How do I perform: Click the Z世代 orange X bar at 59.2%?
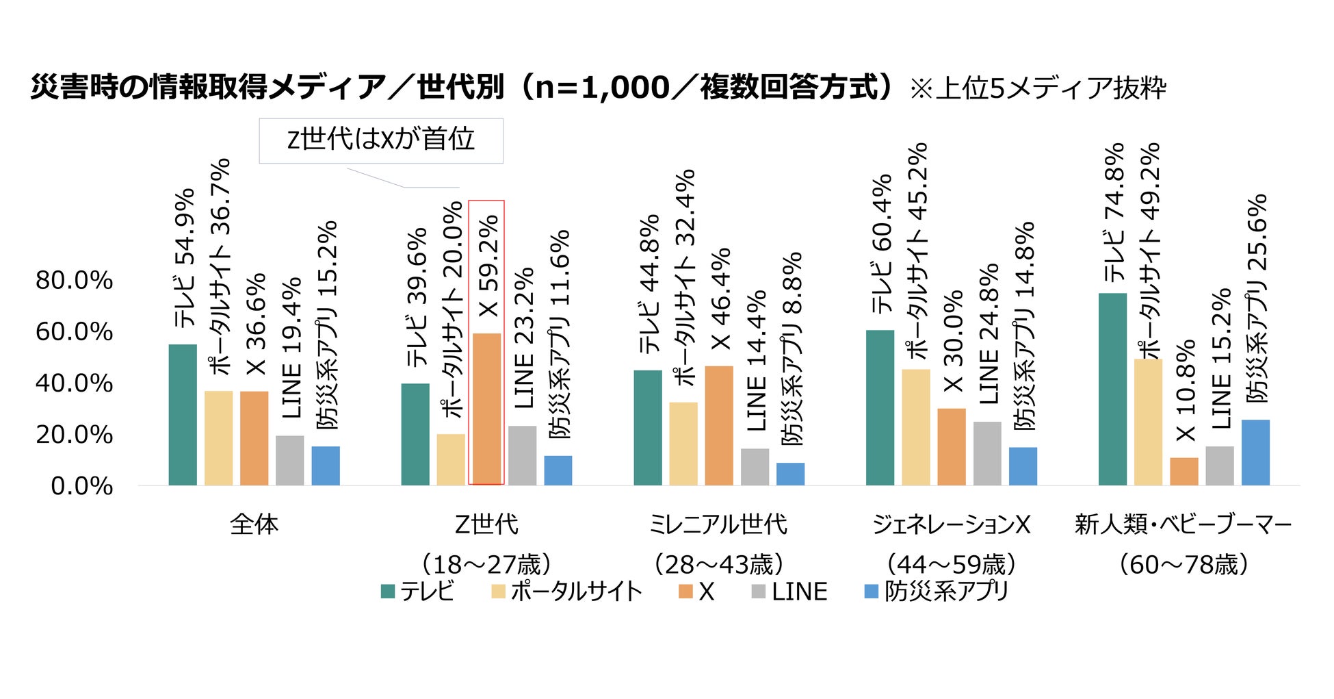pyautogui.click(x=486, y=409)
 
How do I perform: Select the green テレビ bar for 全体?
pyautogui.click(x=183, y=415)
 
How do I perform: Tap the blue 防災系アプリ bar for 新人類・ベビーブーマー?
pyautogui.click(x=1255, y=453)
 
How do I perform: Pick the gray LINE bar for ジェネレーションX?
pyautogui.click(x=987, y=453)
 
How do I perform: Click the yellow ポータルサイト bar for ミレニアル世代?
pyautogui.click(x=683, y=444)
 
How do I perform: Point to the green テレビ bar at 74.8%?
pyautogui.click(x=1112, y=389)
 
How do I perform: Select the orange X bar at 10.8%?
pyautogui.click(x=1184, y=472)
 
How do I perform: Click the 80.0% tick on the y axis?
pyautogui.click(x=75, y=280)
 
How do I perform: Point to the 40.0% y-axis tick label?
pyautogui.click(x=75, y=383)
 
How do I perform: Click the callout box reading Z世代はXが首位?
pyautogui.click(x=380, y=140)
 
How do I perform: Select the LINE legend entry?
pyautogui.click(x=790, y=592)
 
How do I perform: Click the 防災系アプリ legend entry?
pyautogui.click(x=937, y=592)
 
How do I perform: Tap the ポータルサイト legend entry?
pyautogui.click(x=567, y=592)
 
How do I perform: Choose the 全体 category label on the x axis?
pyautogui.click(x=254, y=524)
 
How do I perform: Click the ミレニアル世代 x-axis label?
pyautogui.click(x=718, y=524)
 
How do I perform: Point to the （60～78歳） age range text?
pyautogui.click(x=1183, y=565)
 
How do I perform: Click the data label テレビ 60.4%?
pyautogui.click(x=882, y=244)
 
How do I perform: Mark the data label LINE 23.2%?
pyautogui.click(x=523, y=338)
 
